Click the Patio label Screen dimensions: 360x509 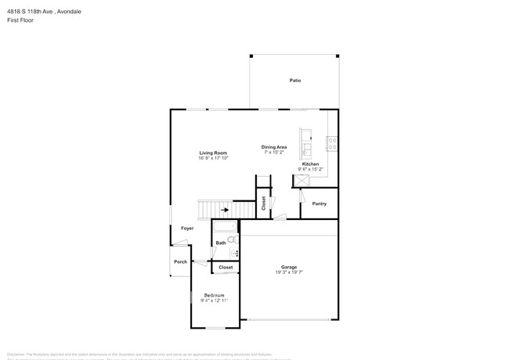point(295,81)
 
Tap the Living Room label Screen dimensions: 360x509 point(212,153)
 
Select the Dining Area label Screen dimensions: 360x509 point(274,147)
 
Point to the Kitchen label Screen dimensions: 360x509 point(310,164)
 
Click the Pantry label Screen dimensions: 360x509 point(319,204)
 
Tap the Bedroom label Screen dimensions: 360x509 point(213,295)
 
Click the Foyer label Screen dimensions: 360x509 point(187,228)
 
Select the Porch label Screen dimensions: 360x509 point(180,261)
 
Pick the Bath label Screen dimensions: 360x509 point(221,243)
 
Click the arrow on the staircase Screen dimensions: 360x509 point(225,210)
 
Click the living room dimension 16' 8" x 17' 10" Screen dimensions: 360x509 point(212,158)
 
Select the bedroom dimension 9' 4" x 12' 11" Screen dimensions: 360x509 point(213,301)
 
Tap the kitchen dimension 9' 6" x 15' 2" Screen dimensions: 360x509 point(310,169)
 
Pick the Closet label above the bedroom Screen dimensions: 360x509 point(226,268)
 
